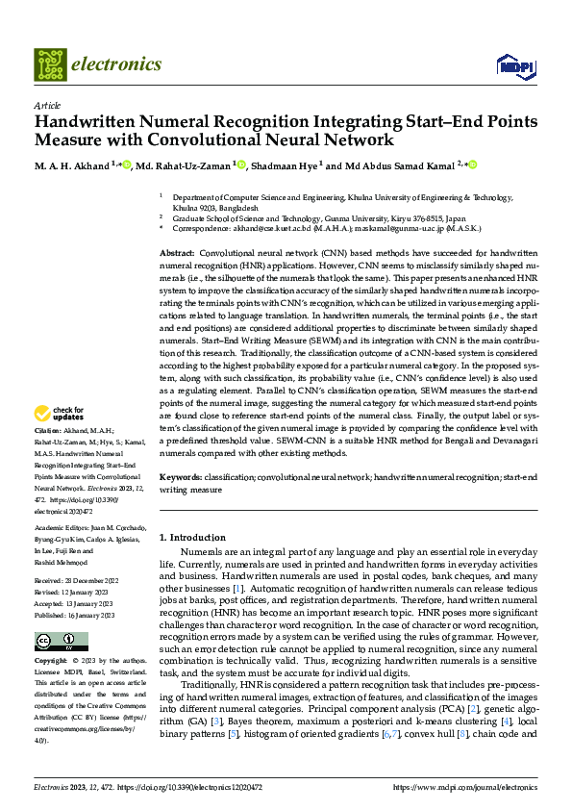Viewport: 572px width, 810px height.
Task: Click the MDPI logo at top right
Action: tap(513, 65)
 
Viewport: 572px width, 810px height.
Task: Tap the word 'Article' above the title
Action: tap(47, 105)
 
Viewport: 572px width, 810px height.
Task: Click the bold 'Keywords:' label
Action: tap(182, 477)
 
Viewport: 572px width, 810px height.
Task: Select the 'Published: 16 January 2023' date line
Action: tap(76, 615)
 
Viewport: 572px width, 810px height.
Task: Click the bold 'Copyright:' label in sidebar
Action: tap(53, 662)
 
